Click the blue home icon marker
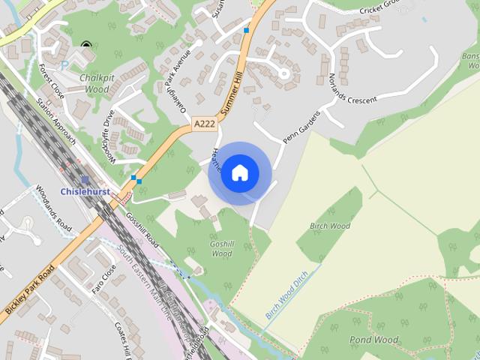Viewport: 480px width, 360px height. (x=240, y=173)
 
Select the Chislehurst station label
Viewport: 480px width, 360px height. (x=85, y=191)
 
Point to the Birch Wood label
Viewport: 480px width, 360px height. (x=330, y=226)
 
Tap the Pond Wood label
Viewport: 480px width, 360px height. (x=373, y=340)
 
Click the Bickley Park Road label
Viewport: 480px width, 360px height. (x=30, y=289)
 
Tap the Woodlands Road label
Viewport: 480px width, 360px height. (x=53, y=215)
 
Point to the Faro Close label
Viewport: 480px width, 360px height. (x=103, y=278)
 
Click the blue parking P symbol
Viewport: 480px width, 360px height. (x=64, y=66)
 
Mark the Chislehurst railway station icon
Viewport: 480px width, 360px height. (x=85, y=180)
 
